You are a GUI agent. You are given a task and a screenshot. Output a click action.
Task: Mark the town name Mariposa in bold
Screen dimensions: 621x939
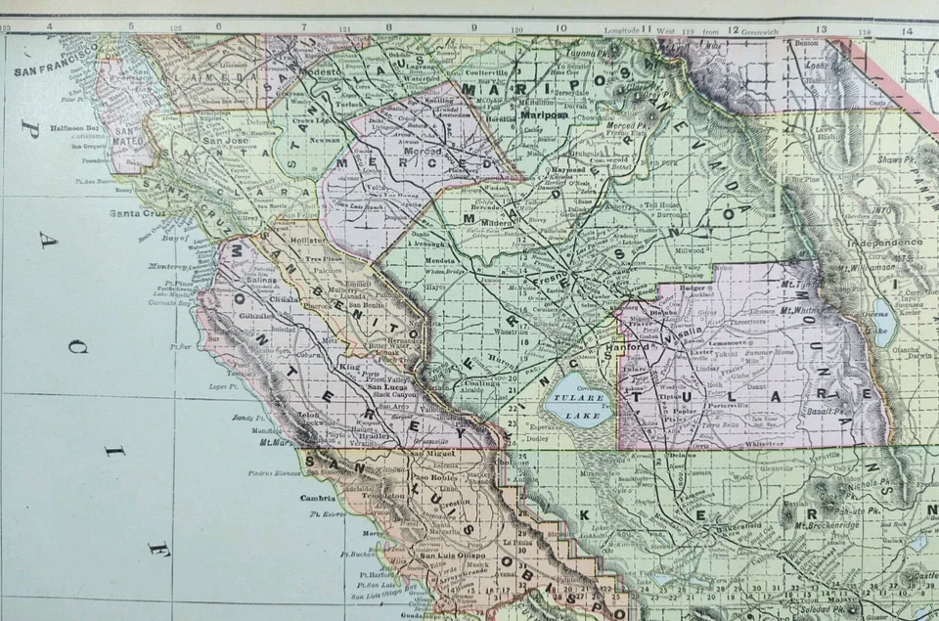544,114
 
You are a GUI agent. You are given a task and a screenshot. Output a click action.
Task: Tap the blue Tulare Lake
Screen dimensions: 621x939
578,399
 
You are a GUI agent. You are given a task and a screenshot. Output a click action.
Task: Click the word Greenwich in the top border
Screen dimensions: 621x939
773,30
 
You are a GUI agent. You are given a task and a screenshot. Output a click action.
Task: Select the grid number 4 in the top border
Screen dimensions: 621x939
49,26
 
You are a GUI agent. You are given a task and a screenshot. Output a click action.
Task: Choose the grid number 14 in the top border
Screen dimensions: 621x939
907,30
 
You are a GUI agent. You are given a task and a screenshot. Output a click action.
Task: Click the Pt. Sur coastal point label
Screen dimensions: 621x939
179,346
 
